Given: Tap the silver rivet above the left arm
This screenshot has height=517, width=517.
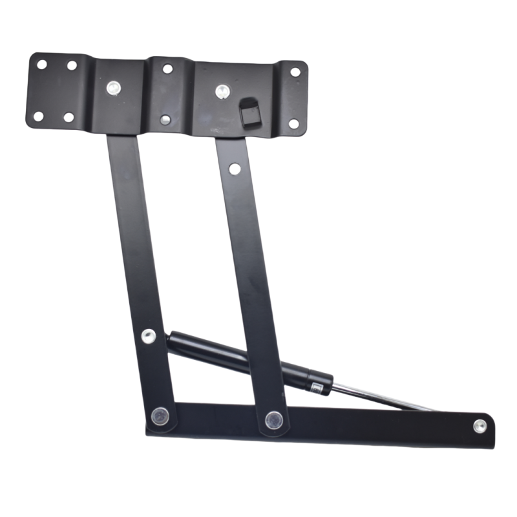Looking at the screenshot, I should click(x=115, y=87).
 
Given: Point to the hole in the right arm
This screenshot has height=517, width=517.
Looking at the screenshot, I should click(x=234, y=169).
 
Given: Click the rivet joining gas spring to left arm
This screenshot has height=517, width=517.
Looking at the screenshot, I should click(x=148, y=335).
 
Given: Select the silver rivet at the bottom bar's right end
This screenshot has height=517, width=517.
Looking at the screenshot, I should click(x=479, y=425).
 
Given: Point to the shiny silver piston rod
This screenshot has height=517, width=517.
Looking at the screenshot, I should click(x=375, y=394).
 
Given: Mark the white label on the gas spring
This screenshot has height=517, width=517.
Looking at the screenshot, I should click(x=317, y=386).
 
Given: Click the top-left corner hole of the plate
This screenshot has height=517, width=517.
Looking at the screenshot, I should click(x=41, y=65).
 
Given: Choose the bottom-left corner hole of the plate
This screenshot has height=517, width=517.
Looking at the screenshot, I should click(x=38, y=116).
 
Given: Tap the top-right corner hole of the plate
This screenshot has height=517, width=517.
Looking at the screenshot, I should click(x=295, y=72).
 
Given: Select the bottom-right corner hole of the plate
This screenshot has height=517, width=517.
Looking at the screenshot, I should click(x=293, y=123).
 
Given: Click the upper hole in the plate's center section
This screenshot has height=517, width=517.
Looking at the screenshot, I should click(x=167, y=68).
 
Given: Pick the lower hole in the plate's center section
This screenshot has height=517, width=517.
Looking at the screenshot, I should click(x=165, y=119).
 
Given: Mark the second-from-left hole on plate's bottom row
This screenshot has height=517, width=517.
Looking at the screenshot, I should click(x=68, y=117).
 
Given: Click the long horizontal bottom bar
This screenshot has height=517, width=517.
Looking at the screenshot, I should click(x=362, y=427).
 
